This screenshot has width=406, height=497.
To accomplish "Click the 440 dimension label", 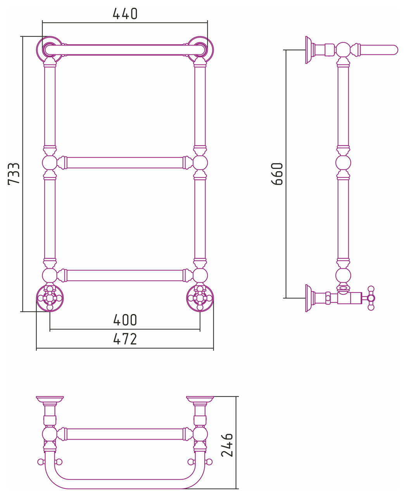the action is click(x=125, y=14).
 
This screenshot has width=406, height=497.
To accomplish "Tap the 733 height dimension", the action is click(x=14, y=174).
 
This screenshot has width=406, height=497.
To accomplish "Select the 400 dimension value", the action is click(x=125, y=320).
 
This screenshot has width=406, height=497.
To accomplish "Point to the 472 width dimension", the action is click(x=125, y=339).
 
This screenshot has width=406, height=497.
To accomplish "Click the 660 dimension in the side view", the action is click(x=277, y=174).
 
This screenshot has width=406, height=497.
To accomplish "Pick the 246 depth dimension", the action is click(x=227, y=445).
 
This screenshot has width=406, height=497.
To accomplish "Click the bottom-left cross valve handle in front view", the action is click(x=50, y=298).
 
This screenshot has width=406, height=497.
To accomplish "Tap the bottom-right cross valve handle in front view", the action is click(x=200, y=298).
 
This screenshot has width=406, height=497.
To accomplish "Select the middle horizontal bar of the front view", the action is click(x=125, y=163).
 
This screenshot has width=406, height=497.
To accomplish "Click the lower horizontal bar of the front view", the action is click(x=125, y=275).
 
